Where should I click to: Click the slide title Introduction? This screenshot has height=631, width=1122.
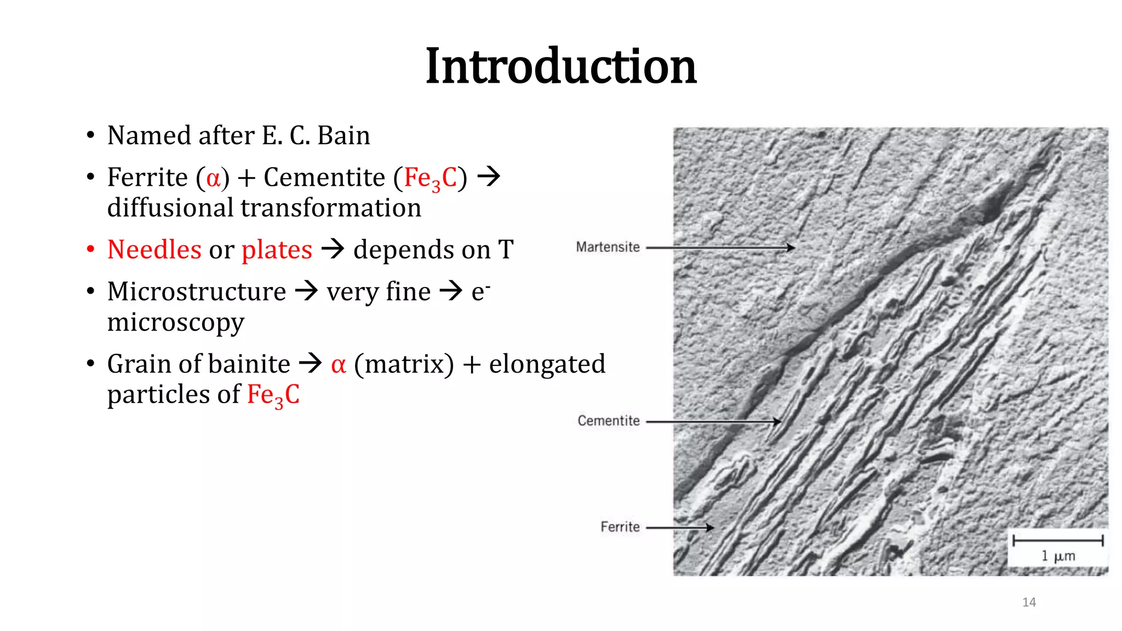(x=560, y=66)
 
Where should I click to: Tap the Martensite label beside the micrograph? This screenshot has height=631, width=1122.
(x=608, y=247)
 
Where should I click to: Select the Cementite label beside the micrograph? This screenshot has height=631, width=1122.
(x=609, y=421)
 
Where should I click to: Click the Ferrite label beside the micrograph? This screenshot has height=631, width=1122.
(x=620, y=527)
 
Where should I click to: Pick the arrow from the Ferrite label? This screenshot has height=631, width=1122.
(x=679, y=527)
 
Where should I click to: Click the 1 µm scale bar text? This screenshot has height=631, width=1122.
(x=1058, y=556)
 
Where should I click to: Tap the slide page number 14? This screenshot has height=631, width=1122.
(x=1029, y=603)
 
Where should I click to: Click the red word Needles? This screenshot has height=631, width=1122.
(x=154, y=250)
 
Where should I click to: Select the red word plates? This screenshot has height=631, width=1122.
(x=277, y=250)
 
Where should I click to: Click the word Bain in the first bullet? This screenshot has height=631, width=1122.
(x=344, y=135)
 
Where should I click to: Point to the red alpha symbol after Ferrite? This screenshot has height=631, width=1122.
(x=213, y=178)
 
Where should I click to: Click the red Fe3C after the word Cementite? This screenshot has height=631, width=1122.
(x=430, y=179)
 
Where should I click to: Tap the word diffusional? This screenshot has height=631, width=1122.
(x=170, y=208)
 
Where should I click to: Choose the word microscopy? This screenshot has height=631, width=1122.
(x=175, y=322)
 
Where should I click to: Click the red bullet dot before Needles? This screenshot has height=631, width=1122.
(x=91, y=250)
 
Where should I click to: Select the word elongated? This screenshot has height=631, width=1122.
(x=547, y=364)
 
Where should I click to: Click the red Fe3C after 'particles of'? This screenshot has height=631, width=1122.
(x=273, y=395)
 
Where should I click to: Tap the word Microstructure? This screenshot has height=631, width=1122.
(x=197, y=291)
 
